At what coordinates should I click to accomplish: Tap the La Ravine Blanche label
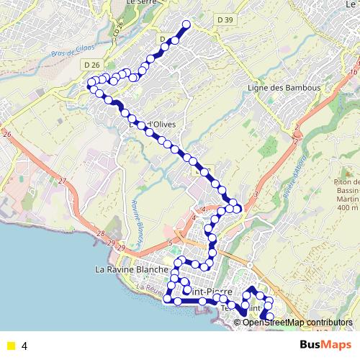[x=132, y=269]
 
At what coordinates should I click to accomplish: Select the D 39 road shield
[x=225, y=20]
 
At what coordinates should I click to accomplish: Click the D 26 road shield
[x=91, y=65]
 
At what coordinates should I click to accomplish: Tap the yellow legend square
[x=10, y=346]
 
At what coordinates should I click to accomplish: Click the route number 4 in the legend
[x=24, y=346]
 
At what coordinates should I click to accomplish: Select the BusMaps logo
[x=325, y=345]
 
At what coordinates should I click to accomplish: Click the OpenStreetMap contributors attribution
[x=297, y=322]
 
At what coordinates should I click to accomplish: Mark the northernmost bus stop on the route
[x=186, y=24]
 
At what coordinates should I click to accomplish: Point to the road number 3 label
[x=256, y=195]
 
